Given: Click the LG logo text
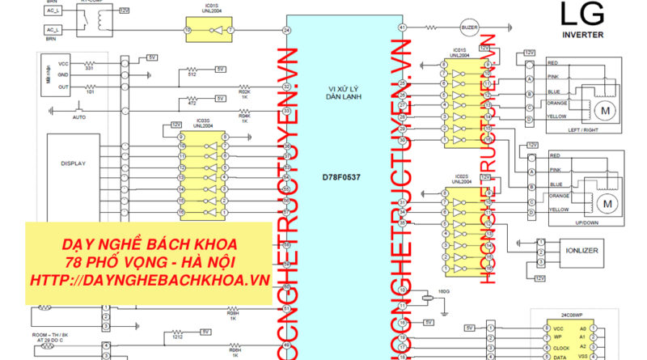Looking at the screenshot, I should pyautogui.click(x=580, y=15).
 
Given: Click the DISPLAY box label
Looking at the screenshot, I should pyautogui.click(x=73, y=163).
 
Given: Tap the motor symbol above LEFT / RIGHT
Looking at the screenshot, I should pyautogui.click(x=603, y=108).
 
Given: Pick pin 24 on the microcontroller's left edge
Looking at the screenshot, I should pyautogui.click(x=286, y=31).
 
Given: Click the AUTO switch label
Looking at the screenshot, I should pyautogui.click(x=79, y=117).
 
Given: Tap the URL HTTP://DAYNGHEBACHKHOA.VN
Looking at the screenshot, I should pyautogui.click(x=149, y=279).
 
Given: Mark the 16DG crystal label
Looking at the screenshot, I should pyautogui.click(x=444, y=290).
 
